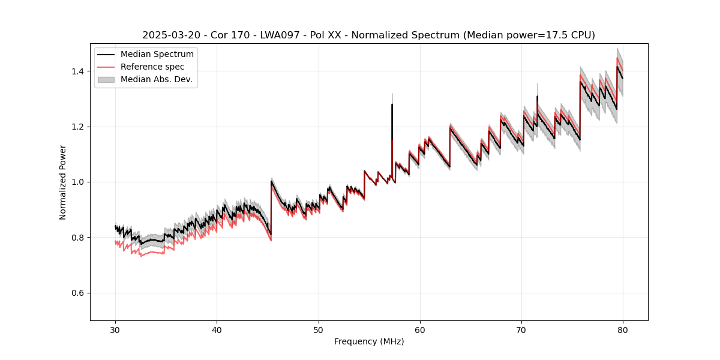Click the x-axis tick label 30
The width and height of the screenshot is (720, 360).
[x=116, y=330]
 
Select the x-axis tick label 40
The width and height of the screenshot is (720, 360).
[x=217, y=330]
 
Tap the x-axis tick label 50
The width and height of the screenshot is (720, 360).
[x=319, y=330]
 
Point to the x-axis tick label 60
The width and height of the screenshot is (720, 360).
[x=420, y=330]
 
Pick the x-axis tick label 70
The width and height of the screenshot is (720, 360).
[x=521, y=330]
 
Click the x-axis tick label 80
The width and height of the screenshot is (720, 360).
[x=623, y=330]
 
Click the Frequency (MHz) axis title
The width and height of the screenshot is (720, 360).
[x=369, y=341]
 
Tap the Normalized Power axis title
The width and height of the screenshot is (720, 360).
[x=63, y=182]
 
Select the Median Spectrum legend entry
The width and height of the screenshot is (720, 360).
[x=157, y=55]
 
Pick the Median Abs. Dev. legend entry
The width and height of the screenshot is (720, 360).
[x=156, y=79]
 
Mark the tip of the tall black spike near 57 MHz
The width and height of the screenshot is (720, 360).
[x=392, y=104]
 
